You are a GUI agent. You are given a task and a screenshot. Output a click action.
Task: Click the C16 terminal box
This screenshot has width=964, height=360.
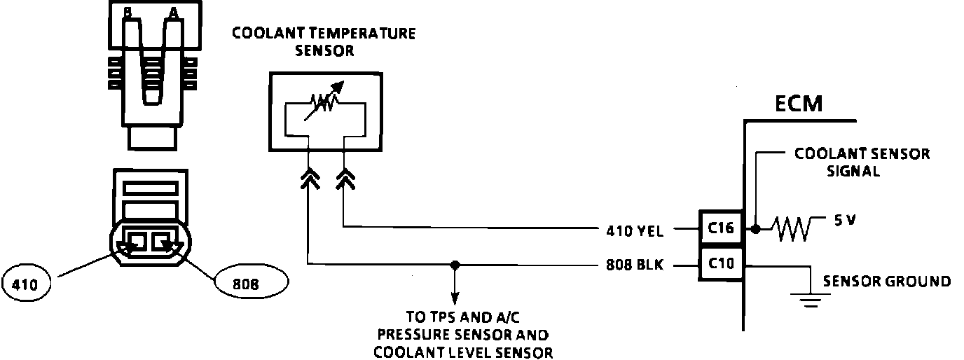[x=719, y=228]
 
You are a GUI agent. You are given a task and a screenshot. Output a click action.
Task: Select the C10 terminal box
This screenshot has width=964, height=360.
[x=719, y=264]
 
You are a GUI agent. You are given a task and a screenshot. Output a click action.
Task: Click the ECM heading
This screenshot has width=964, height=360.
[x=798, y=104]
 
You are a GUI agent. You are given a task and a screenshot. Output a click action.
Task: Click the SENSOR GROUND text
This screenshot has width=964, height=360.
[x=886, y=282]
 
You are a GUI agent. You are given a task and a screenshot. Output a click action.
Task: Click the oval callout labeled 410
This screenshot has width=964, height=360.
[x=29, y=284]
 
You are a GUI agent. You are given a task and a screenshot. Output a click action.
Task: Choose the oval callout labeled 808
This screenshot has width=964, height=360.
[x=251, y=284]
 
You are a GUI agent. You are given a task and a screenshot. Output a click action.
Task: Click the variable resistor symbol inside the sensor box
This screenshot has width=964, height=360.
[x=324, y=103]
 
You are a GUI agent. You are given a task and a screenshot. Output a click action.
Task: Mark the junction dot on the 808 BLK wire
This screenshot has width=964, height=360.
[x=455, y=265]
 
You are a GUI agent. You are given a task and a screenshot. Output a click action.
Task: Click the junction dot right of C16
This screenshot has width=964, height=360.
[x=755, y=228]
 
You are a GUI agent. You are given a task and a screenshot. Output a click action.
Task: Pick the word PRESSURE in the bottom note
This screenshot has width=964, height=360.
[x=413, y=334]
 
